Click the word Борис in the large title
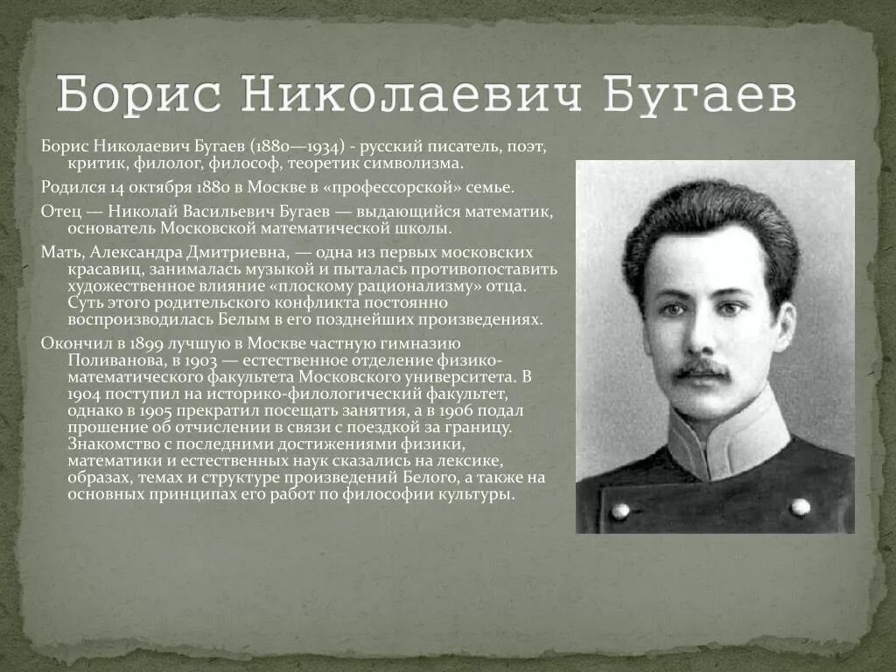pyautogui.click(x=140, y=94)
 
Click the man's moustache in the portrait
pyautogui.click(x=702, y=369)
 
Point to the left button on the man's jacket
pyautogui.click(x=620, y=510)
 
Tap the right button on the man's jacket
pyautogui.click(x=800, y=506)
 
